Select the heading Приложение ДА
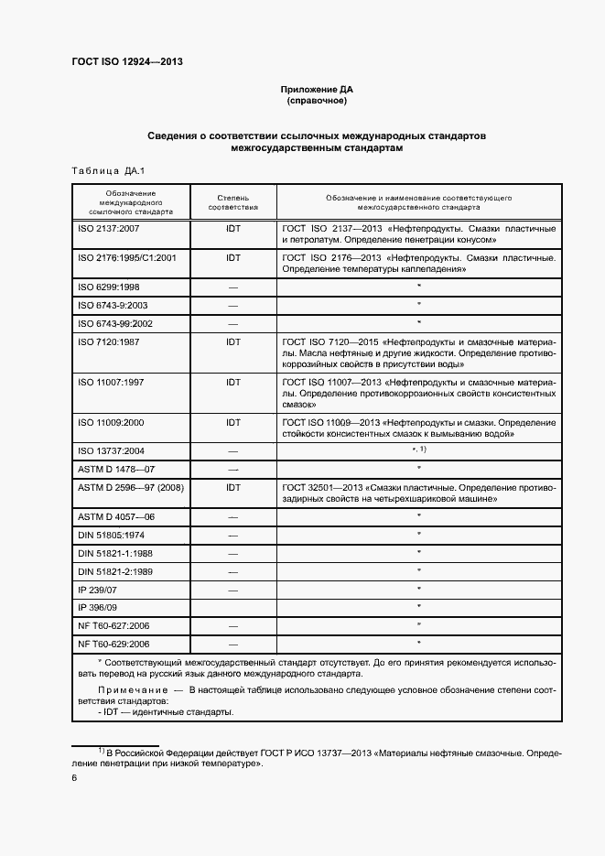click(x=316, y=90)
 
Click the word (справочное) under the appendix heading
click(x=316, y=101)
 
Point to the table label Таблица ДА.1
click(x=102, y=171)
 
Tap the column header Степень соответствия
click(x=232, y=202)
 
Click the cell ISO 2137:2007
click(x=109, y=227)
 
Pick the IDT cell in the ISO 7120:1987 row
click(x=232, y=341)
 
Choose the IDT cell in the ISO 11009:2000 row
click(x=232, y=423)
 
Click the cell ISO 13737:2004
click(x=113, y=451)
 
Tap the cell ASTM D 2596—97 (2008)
click(x=131, y=488)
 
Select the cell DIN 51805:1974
click(x=110, y=535)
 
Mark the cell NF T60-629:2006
click(x=114, y=644)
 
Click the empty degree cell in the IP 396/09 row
click(x=232, y=607)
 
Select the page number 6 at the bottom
click(x=74, y=778)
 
